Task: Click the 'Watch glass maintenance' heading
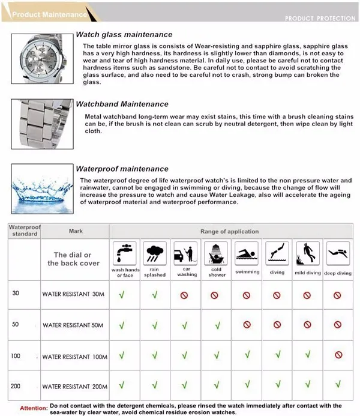124,35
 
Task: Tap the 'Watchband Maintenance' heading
122,104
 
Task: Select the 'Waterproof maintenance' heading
122,169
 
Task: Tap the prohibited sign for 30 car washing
185,295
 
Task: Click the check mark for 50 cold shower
216,325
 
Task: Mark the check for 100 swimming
247,355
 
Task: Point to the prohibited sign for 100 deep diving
337,355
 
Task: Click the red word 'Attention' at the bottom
34,408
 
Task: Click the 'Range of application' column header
230,231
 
